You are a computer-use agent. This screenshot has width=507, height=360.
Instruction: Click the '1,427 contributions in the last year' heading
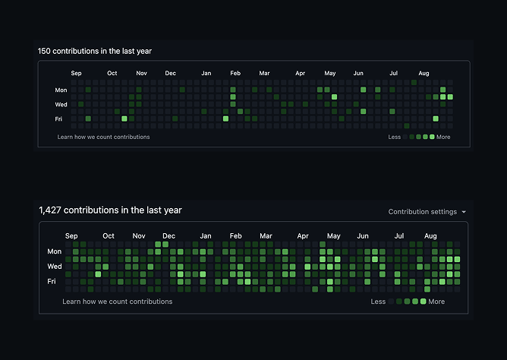click(x=111, y=210)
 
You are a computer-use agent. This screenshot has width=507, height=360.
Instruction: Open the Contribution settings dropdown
click(x=427, y=212)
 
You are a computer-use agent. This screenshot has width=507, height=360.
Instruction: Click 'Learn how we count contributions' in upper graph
click(x=103, y=137)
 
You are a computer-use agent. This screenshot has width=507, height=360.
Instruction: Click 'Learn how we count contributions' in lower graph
click(x=118, y=302)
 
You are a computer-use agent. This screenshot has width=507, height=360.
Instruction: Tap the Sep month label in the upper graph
click(x=76, y=73)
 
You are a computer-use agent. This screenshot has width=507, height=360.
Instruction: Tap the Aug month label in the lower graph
click(x=430, y=235)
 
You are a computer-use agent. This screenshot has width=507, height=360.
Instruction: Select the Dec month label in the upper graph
click(x=170, y=73)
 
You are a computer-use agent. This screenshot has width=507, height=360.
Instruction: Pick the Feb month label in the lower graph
click(x=235, y=235)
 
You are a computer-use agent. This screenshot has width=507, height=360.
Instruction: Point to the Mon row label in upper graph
click(x=61, y=90)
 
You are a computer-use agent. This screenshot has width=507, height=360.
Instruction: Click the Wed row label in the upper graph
click(x=61, y=104)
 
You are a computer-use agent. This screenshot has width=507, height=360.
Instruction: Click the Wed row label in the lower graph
click(x=55, y=266)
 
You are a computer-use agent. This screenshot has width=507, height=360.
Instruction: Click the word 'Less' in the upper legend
click(x=394, y=137)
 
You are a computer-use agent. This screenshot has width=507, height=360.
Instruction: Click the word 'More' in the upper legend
click(x=443, y=137)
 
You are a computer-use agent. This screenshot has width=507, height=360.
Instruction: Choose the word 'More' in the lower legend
click(x=436, y=302)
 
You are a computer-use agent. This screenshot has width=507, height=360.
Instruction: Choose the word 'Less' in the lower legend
click(x=378, y=302)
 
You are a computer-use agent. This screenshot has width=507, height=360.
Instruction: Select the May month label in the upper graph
click(x=329, y=73)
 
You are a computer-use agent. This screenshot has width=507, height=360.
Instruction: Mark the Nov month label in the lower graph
click(x=139, y=235)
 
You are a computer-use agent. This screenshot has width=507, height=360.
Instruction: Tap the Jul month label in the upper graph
click(x=393, y=73)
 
